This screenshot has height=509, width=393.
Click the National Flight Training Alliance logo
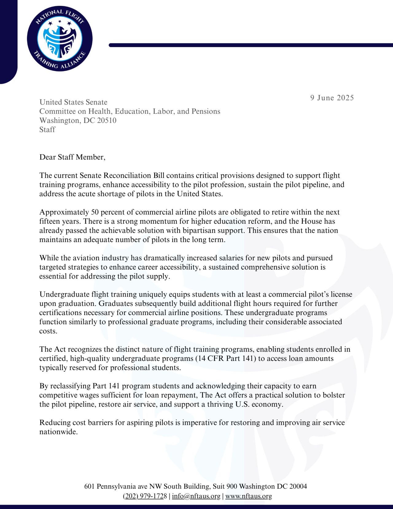point(60,40)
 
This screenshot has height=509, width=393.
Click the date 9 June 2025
point(332,98)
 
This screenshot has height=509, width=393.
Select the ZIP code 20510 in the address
point(107,120)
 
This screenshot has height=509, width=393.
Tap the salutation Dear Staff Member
point(72,157)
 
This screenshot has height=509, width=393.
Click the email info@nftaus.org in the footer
point(196,496)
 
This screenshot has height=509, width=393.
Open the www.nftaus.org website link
point(249,496)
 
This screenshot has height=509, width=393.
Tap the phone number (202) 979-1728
point(145,496)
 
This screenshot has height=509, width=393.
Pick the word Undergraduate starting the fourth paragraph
point(64,294)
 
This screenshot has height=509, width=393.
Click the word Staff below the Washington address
point(47,130)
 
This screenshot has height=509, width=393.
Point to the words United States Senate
point(73,102)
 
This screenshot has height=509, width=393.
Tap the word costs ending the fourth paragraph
point(48,331)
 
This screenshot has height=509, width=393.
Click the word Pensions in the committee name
point(206,111)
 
